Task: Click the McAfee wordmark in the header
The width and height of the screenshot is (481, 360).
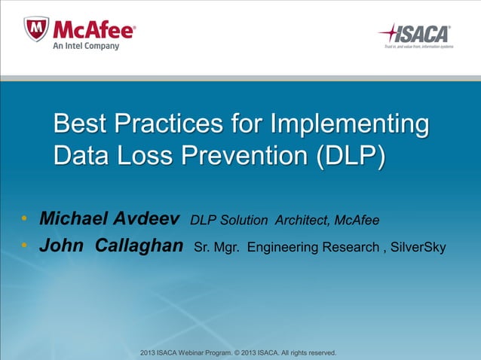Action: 93,29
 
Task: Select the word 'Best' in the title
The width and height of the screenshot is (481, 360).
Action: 80,124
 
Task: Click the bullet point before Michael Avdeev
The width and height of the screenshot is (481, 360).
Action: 24,219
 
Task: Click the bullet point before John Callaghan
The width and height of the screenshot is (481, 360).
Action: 24,246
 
